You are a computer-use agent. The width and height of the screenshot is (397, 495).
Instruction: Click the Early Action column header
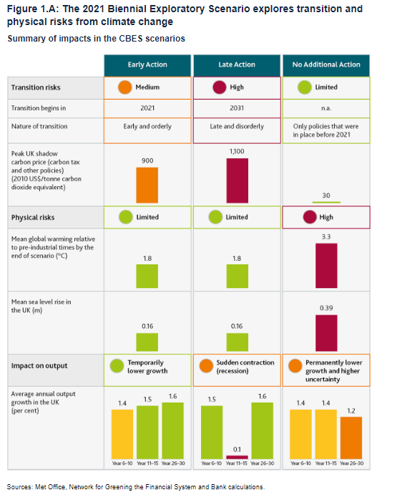pos(147,64)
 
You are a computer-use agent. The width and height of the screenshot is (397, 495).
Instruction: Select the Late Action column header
pos(237,64)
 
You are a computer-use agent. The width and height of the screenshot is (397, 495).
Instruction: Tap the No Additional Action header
pos(327,64)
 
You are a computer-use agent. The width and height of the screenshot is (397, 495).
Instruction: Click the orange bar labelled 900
pos(147,185)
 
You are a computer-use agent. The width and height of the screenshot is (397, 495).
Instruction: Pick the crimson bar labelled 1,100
pos(237,181)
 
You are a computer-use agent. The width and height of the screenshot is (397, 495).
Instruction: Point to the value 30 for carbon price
pos(327,194)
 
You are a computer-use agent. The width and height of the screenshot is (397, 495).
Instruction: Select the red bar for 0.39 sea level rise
pos(327,332)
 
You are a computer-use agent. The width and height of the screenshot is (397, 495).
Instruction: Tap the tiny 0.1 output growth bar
pos(237,456)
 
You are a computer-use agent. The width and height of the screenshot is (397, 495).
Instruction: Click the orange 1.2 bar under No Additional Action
pos(351,436)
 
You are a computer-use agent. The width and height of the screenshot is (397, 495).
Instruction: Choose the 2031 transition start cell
pos(237,109)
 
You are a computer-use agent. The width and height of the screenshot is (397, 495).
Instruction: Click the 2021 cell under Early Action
pos(147,109)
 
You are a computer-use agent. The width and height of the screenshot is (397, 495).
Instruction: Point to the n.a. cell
pos(327,109)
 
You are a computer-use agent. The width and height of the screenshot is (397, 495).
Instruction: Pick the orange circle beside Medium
pos(124,88)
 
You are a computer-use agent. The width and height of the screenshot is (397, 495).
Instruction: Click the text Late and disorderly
pos(237,127)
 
